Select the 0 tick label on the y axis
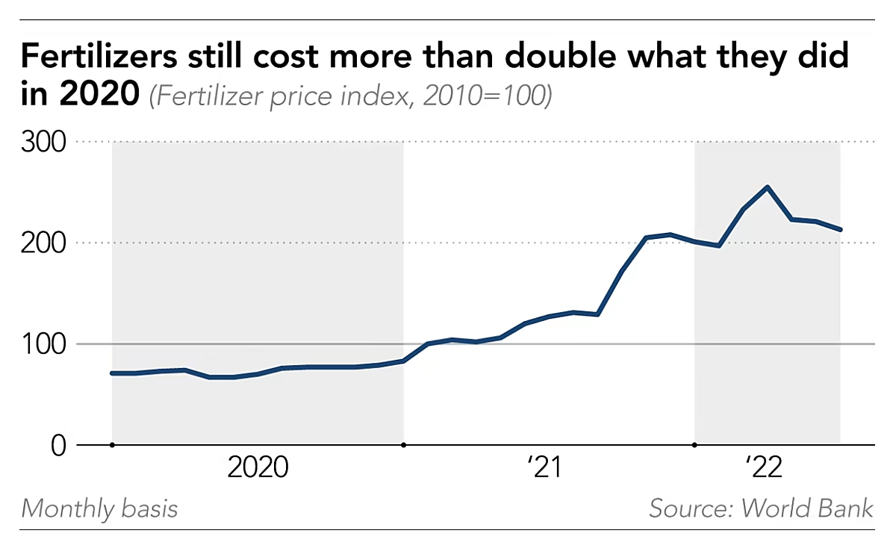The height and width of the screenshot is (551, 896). tap(58, 446)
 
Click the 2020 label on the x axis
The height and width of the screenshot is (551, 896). tap(258, 467)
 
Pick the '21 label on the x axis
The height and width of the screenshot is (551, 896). tap(543, 467)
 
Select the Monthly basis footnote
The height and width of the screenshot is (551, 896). tap(99, 509)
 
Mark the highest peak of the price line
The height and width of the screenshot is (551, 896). tap(768, 187)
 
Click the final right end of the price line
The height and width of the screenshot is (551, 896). tap(841, 229)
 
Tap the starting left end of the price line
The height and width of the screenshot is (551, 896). tap(112, 373)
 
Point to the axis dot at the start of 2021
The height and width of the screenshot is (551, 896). tap(404, 445)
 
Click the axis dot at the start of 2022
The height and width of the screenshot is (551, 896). tap(695, 445)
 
